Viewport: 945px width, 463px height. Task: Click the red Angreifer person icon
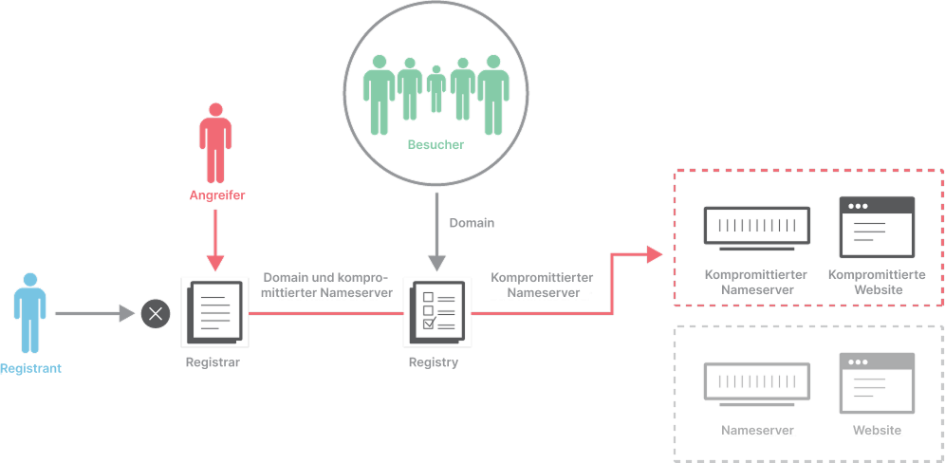tap(215, 143)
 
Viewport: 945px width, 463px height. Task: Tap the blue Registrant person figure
tap(30, 313)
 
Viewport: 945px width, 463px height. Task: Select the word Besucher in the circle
tap(435, 144)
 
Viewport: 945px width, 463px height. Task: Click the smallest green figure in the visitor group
tap(436, 88)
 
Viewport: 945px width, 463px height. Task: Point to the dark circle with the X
tap(156, 313)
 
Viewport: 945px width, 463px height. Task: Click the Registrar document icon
tap(215, 312)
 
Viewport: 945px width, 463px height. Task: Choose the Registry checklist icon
tap(437, 312)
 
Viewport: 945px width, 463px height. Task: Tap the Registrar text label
tap(213, 363)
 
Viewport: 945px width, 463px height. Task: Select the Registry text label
tap(434, 363)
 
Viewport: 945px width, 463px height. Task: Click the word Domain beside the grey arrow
tap(472, 223)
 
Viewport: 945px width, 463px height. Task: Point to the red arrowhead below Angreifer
tap(215, 263)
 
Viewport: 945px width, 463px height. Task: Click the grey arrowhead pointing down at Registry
tap(437, 263)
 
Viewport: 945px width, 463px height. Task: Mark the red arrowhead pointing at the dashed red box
tap(655, 254)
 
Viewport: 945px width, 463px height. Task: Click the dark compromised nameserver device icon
tap(757, 229)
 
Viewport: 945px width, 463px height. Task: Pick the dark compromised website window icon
tap(877, 227)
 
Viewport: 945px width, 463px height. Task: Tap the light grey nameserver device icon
tap(757, 384)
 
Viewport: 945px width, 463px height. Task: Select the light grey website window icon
tap(877, 383)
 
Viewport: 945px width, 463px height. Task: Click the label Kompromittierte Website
tap(877, 282)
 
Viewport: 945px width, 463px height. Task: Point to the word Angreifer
tap(217, 195)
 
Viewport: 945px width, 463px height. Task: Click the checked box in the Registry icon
tap(429, 324)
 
